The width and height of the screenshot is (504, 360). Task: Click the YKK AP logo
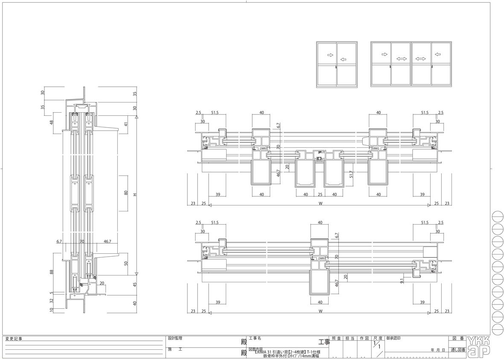pos(479,346)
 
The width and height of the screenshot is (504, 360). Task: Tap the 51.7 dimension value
pos(351,175)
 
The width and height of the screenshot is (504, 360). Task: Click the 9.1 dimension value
pos(402,281)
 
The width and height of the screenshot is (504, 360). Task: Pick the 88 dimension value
pos(51,272)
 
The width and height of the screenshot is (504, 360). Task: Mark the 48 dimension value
pos(52,123)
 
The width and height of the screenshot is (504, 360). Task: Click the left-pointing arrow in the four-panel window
pos(437,54)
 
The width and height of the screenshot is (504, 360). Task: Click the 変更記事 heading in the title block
pos(13,339)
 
